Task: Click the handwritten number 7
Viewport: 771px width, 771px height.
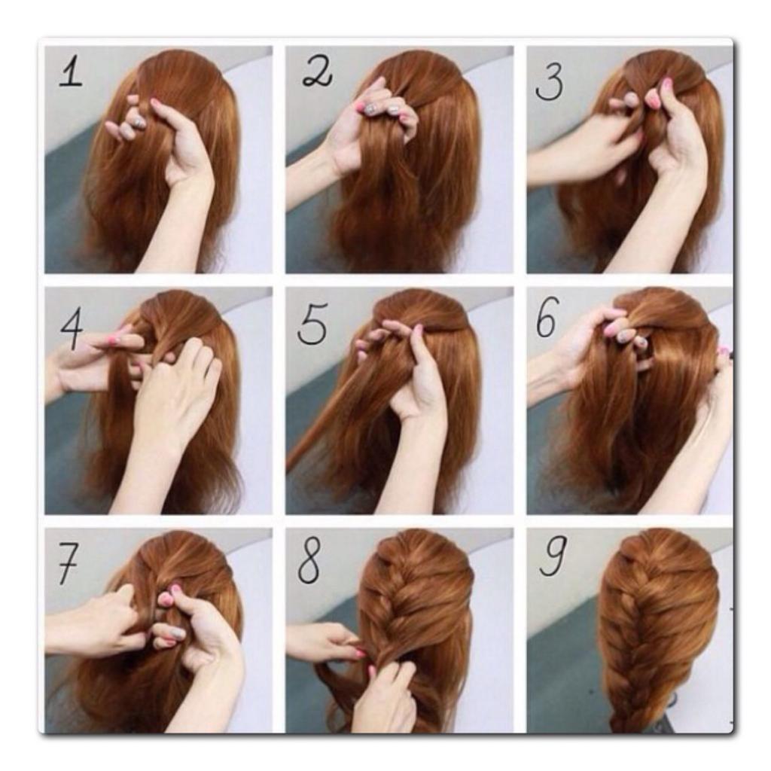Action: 68,565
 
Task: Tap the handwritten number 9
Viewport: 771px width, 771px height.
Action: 552,555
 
